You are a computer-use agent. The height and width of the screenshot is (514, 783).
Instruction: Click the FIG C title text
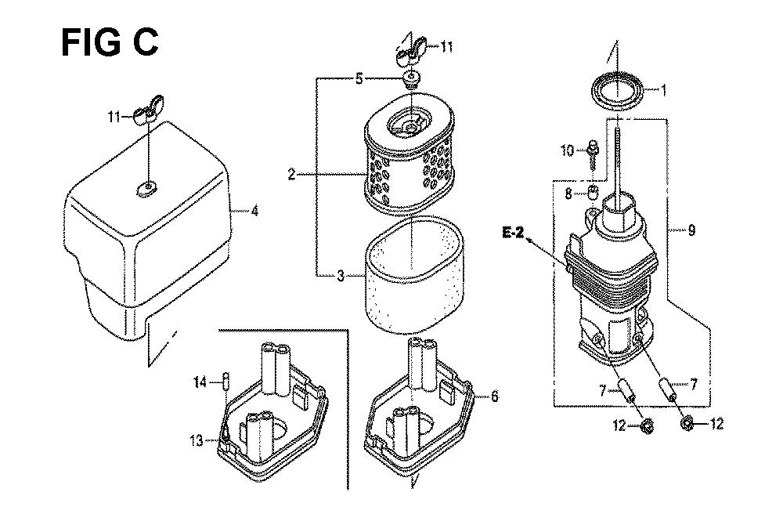tap(110, 42)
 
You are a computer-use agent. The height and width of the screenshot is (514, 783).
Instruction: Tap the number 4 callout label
tap(254, 212)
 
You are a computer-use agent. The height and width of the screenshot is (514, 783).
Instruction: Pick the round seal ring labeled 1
tap(616, 91)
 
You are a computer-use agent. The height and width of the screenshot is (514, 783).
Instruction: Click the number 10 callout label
tap(568, 150)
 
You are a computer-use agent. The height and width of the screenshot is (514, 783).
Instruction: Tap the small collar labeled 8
tap(592, 192)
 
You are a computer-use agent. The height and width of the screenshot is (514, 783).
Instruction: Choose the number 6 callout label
tap(494, 396)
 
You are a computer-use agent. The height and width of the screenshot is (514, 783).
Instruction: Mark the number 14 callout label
tap(200, 382)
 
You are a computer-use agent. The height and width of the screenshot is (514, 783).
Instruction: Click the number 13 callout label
tap(197, 440)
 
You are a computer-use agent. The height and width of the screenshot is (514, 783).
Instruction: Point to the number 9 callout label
tap(691, 230)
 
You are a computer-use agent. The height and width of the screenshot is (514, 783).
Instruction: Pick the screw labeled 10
tap(592, 156)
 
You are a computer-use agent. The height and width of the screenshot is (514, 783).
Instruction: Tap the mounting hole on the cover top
tap(146, 188)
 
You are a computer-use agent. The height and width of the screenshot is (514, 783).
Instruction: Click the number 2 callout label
tap(291, 174)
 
